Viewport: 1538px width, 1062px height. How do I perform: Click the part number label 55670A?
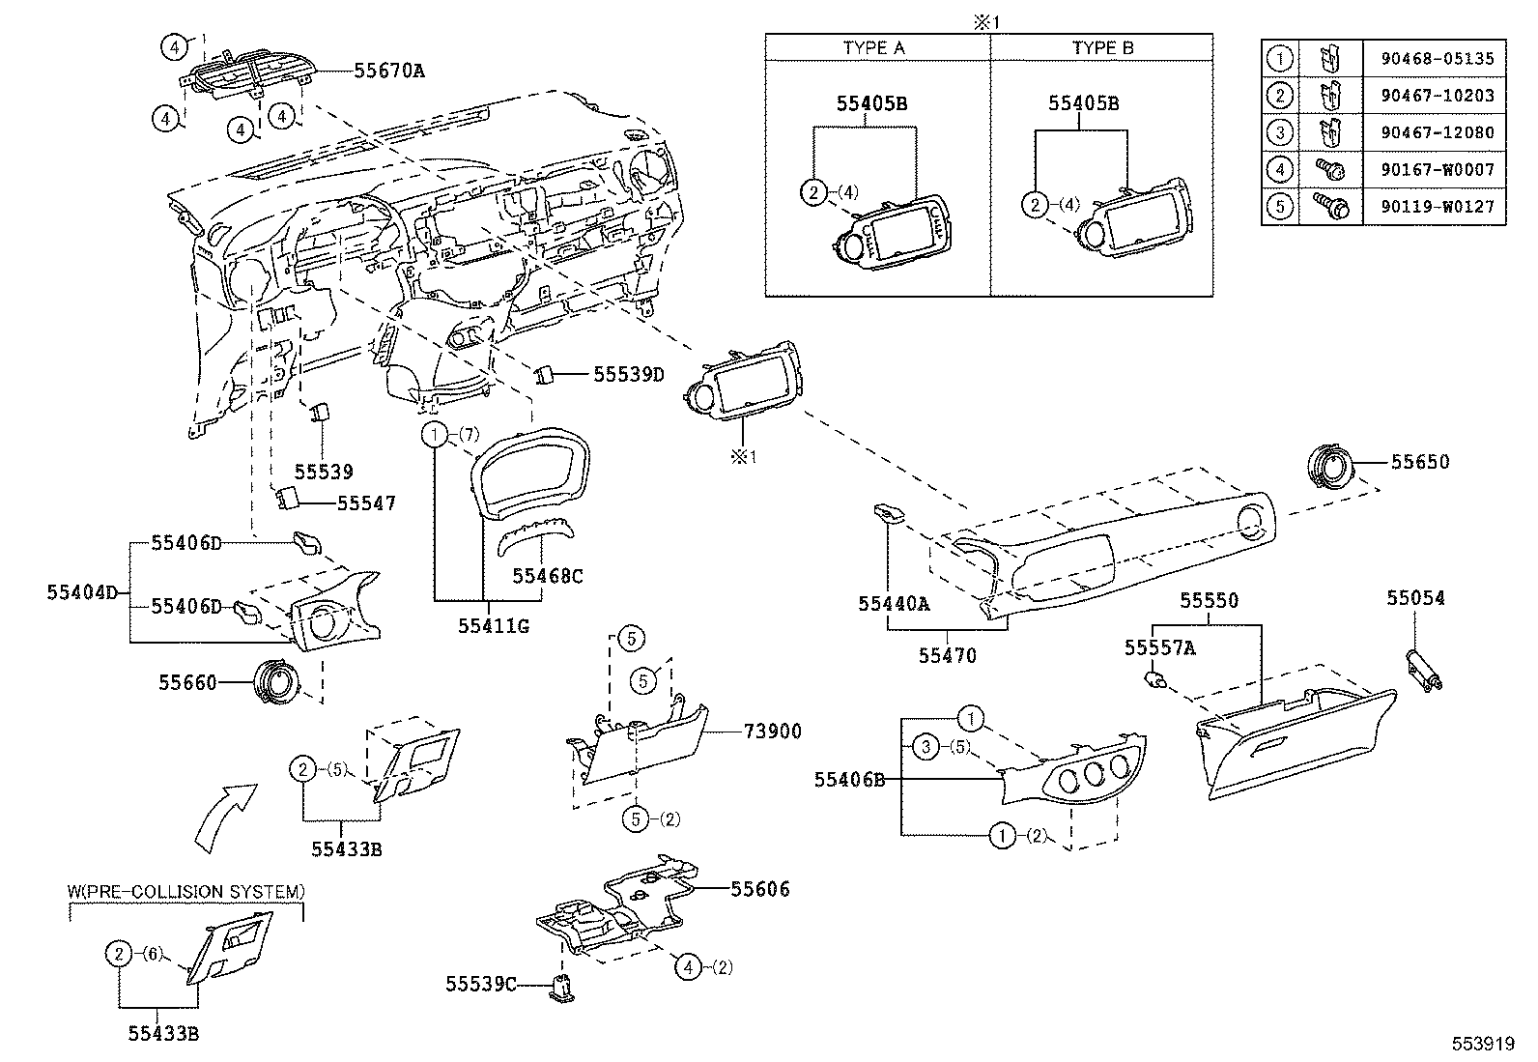tap(388, 71)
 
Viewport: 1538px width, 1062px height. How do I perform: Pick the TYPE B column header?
tap(1101, 47)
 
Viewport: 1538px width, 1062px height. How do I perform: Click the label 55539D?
tap(628, 374)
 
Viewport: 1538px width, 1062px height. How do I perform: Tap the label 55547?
tap(365, 503)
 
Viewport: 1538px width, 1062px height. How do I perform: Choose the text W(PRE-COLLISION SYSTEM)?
tap(185, 891)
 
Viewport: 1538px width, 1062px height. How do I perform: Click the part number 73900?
tap(772, 732)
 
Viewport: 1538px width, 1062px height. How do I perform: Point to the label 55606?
tap(759, 889)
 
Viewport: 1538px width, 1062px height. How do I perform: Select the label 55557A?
tap(1159, 648)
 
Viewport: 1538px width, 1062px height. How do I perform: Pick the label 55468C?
tap(547, 577)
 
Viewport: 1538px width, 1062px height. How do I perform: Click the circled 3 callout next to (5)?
tap(926, 746)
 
